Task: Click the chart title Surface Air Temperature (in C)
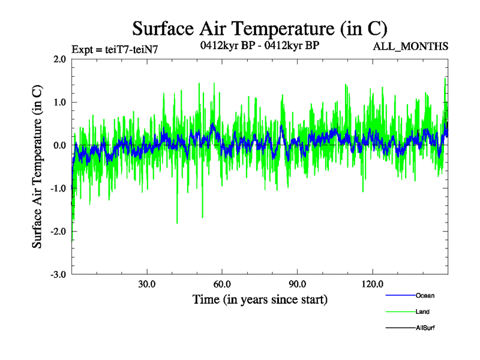259,28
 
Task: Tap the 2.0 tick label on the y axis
59,59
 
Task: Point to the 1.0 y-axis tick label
59,103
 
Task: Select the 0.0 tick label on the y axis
59,146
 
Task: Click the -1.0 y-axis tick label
58,188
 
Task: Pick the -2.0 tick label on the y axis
58,232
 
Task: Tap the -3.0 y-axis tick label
58,275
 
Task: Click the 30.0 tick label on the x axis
147,284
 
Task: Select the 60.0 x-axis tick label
222,284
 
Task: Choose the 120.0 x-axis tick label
373,284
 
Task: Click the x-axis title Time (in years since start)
260,299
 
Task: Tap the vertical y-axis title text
37,167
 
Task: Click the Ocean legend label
425,295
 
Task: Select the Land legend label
422,312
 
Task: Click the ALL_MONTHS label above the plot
410,46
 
